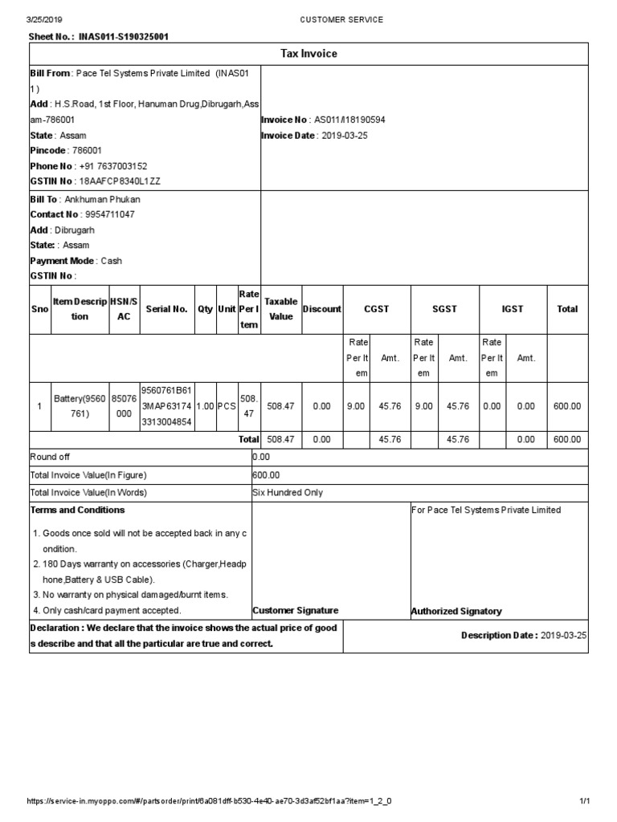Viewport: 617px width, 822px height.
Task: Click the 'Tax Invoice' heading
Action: tap(308, 54)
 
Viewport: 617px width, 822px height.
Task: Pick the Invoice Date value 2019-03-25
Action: tap(344, 136)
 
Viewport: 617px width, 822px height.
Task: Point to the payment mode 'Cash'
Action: tap(111, 261)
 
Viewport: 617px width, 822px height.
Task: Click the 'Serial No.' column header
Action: tap(167, 309)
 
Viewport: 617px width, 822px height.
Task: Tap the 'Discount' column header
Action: tap(321, 309)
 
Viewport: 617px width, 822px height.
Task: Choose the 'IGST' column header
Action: tap(513, 309)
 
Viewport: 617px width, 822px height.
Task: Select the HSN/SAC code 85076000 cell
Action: tap(124, 406)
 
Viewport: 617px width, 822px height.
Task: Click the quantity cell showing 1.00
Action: tap(205, 406)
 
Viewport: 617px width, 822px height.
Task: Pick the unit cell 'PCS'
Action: tap(227, 406)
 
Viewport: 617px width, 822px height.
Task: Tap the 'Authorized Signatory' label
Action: tap(456, 612)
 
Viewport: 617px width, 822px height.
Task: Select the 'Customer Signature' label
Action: tap(295, 611)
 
